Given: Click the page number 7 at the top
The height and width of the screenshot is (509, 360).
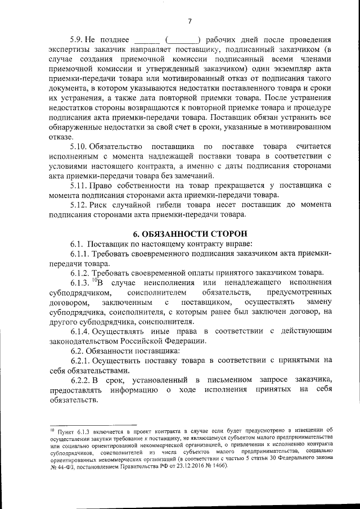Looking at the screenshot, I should [190, 21].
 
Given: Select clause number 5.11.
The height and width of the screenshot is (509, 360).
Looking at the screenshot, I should [79, 185].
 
